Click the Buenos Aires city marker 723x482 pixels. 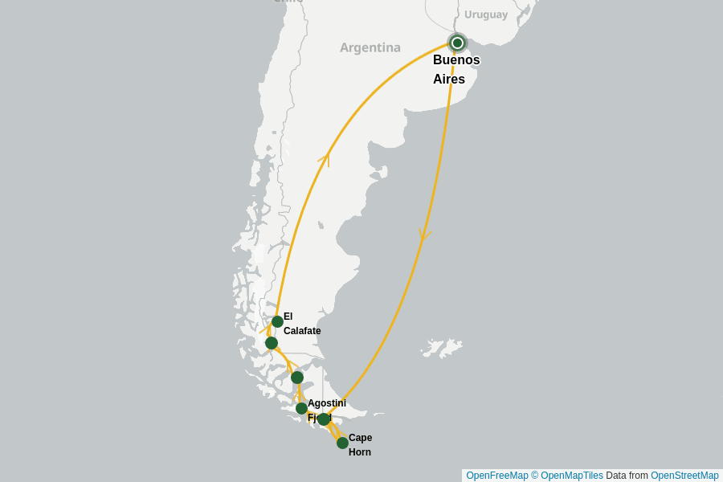[457, 43]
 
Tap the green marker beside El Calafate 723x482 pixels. [277, 321]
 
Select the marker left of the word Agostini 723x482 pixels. [301, 408]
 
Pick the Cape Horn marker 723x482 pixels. [342, 443]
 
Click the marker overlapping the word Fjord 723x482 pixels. [323, 419]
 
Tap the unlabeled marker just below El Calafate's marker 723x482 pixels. [272, 343]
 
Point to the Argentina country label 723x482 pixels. [370, 47]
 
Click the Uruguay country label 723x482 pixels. [486, 14]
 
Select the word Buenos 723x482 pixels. [456, 60]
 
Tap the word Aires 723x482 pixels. [449, 80]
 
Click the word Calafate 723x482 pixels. [302, 331]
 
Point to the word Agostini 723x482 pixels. [327, 403]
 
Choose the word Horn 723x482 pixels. [360, 452]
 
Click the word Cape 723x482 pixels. [360, 438]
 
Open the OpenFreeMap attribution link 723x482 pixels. [497, 476]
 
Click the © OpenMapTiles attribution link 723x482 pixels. [567, 476]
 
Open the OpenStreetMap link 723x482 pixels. [684, 476]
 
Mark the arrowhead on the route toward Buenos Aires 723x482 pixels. [325, 157]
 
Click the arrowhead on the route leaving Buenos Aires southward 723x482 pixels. [424, 235]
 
